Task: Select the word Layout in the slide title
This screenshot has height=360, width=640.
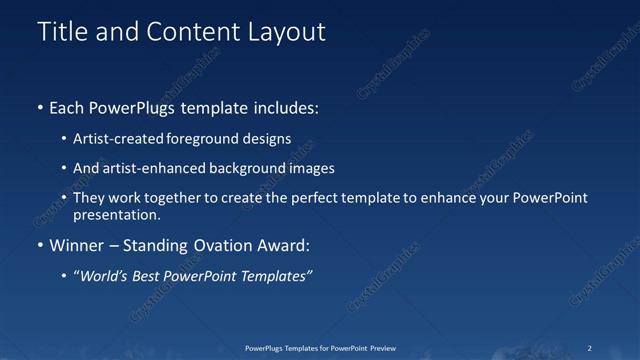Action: pyautogui.click(x=286, y=32)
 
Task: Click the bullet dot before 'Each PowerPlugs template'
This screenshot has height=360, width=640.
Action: pyautogui.click(x=39, y=107)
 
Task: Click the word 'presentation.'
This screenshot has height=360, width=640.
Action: pyautogui.click(x=116, y=214)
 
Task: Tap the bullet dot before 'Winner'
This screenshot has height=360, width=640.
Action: pyautogui.click(x=39, y=245)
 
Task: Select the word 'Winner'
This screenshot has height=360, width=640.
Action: pyautogui.click(x=76, y=245)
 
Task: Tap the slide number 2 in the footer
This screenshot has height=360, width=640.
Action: pyautogui.click(x=590, y=348)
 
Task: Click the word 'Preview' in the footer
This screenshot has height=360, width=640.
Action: pyautogui.click(x=378, y=348)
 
